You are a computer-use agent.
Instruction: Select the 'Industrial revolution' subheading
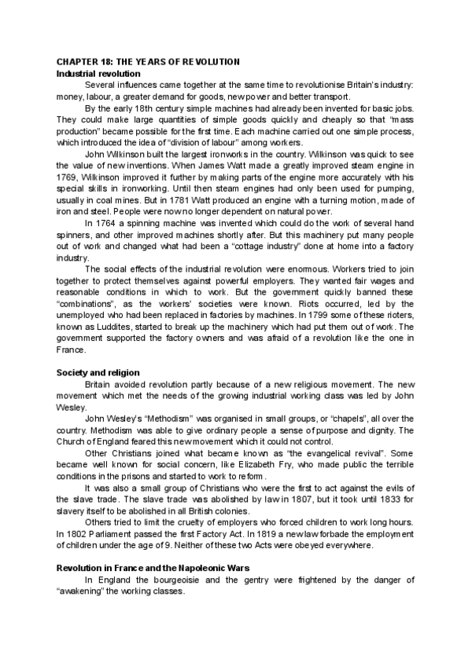95,73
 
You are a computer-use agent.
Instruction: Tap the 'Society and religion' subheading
98,371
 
